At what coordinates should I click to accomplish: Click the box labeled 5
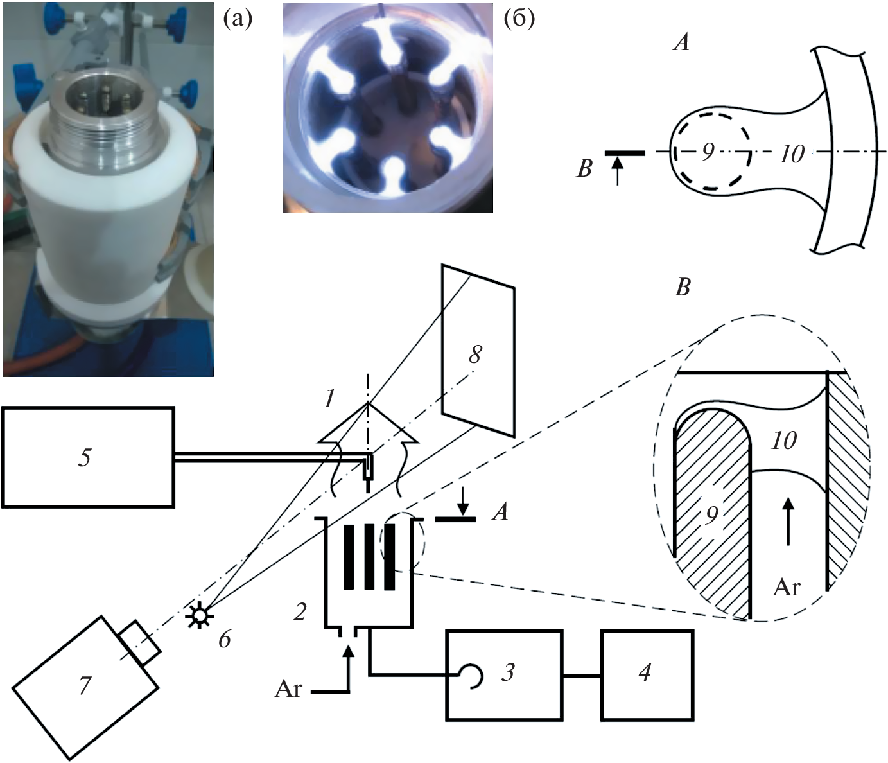point(88,457)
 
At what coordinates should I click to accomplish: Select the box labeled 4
point(647,675)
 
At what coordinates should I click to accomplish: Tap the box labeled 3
point(504,675)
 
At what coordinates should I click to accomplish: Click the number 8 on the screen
point(475,355)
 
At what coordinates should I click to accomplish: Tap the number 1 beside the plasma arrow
point(329,399)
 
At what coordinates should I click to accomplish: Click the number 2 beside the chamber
point(300,612)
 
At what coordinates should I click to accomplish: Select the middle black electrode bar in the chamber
point(369,556)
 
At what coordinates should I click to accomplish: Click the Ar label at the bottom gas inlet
point(289,688)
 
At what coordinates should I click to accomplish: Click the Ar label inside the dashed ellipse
point(786,586)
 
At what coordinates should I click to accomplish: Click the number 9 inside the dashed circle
point(708,152)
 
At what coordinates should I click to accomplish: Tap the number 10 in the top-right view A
point(792,153)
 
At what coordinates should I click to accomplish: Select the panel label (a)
point(238,19)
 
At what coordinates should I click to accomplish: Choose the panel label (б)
point(519,19)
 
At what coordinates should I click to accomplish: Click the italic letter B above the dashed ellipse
point(683,288)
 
